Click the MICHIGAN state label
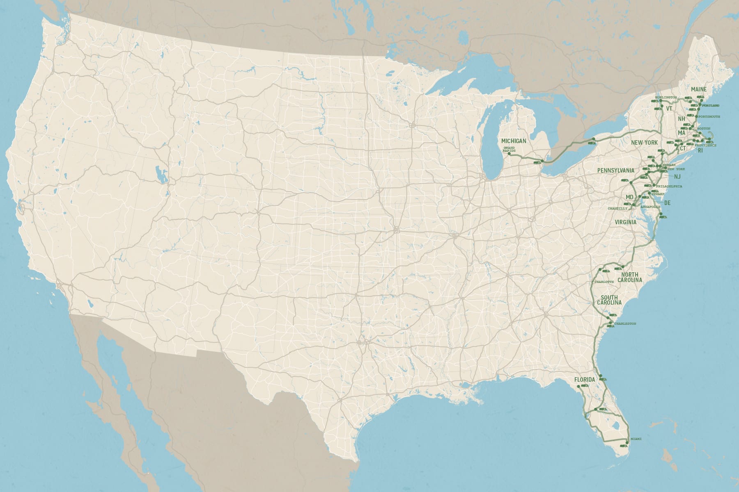[514, 141]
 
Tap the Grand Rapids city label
[509, 149]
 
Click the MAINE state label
[699, 89]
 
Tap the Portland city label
[711, 106]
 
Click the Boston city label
[703, 129]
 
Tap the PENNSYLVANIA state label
[616, 170]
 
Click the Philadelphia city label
[669, 187]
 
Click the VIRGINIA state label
[626, 222]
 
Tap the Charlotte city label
[604, 282]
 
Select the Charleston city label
[625, 324]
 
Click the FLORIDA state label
[585, 380]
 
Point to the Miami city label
[636, 439]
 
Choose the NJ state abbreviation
[677, 177]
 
